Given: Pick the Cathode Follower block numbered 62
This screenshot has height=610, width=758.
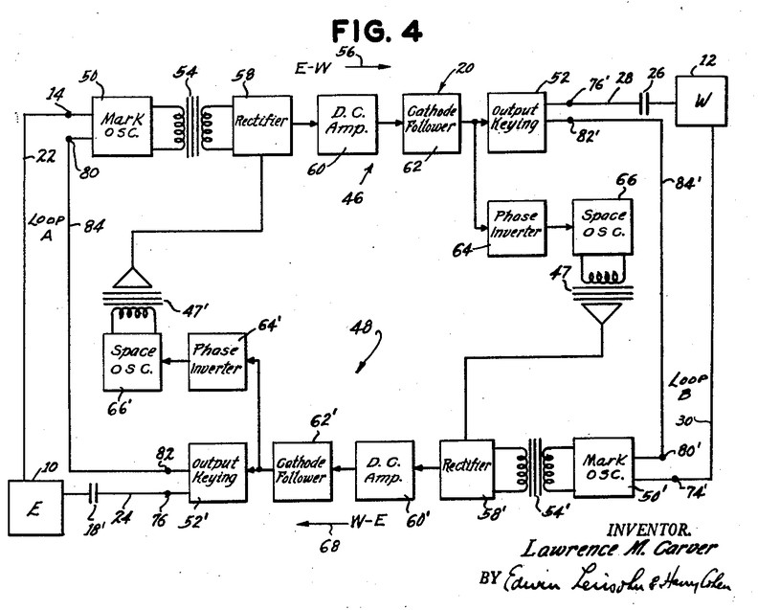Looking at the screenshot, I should [x=431, y=124].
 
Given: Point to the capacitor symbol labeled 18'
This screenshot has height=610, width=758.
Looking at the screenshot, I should [x=93, y=494].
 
